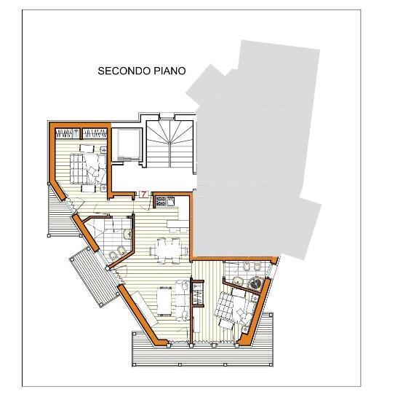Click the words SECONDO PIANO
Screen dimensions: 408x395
[142, 71]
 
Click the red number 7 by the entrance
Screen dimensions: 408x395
[144, 195]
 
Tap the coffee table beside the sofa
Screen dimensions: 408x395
[164, 301]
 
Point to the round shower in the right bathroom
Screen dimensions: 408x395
[255, 280]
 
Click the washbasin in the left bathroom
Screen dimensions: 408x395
[125, 233]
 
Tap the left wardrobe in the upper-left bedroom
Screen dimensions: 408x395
[68, 133]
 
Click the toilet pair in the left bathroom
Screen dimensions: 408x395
[115, 254]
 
